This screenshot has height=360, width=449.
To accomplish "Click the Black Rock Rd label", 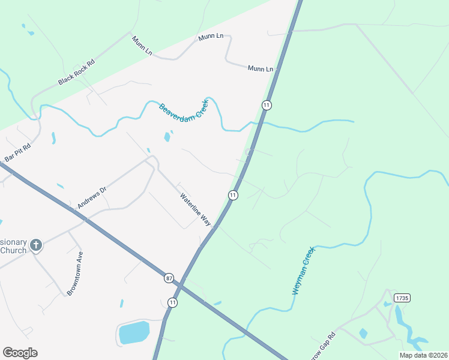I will click(77, 72).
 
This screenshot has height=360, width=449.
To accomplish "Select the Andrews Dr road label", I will click(92, 197).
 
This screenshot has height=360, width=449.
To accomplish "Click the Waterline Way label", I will click(196, 209).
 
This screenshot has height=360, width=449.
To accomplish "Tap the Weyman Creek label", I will click(304, 273).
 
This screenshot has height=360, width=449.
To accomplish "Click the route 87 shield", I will click(169, 278).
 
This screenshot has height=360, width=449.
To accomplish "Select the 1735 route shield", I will click(402, 298).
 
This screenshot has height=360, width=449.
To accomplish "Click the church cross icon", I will click(36, 245).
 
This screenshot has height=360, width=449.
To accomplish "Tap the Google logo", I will click(20, 353).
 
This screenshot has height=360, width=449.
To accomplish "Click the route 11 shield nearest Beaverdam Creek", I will click(267, 105).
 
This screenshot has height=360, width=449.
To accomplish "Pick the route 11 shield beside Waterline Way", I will click(233, 195).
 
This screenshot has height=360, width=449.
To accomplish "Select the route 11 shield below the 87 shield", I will click(173, 302).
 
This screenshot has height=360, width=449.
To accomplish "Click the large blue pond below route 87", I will click(133, 332).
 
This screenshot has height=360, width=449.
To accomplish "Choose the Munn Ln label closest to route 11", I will click(261, 69).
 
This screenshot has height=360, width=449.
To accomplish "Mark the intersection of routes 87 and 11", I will click(185, 286).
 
